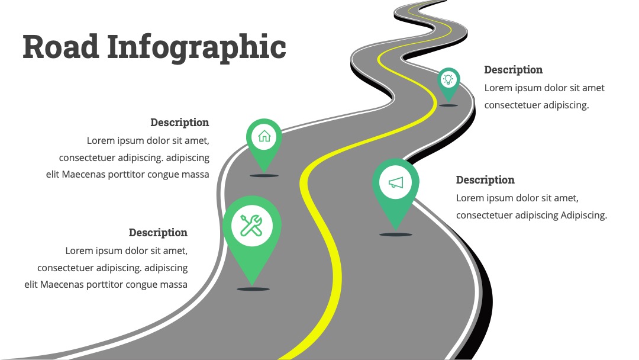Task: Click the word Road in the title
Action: point(61,46)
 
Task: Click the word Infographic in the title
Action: point(196,49)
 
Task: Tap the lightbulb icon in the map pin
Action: point(448,79)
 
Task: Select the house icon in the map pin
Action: point(264,136)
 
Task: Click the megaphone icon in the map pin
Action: point(395,182)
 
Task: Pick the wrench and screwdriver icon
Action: point(251,226)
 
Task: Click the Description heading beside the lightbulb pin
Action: point(513,70)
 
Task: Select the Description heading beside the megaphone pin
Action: point(485,180)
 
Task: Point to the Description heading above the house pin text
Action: point(180,123)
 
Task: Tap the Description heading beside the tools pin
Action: point(158,233)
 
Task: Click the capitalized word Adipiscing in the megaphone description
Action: point(583,216)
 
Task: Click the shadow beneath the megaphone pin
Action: point(396,234)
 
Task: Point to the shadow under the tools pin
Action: point(253,289)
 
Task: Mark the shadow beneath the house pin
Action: point(264,176)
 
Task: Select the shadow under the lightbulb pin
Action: point(448,105)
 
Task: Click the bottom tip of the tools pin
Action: point(252,285)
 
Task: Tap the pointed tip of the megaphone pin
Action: point(396,230)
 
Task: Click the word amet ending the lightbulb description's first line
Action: point(593,88)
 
